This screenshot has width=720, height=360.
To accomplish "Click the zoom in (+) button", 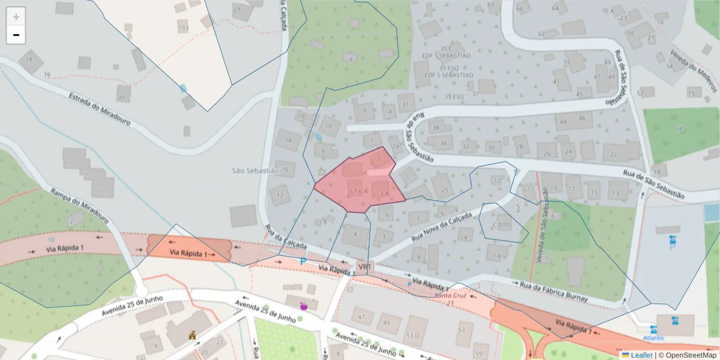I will coord(16,17).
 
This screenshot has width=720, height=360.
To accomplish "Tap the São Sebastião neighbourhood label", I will coord(256,170).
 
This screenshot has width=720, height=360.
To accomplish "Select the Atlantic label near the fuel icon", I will coord(655,338).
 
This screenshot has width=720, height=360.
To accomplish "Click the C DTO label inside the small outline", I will coord(502,225).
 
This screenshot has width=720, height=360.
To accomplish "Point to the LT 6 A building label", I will coord(358,191).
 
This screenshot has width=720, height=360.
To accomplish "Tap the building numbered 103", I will coord(183,28).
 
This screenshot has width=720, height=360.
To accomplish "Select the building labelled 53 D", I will coord(412,335).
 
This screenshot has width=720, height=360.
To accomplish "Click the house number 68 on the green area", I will coord(679,128).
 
